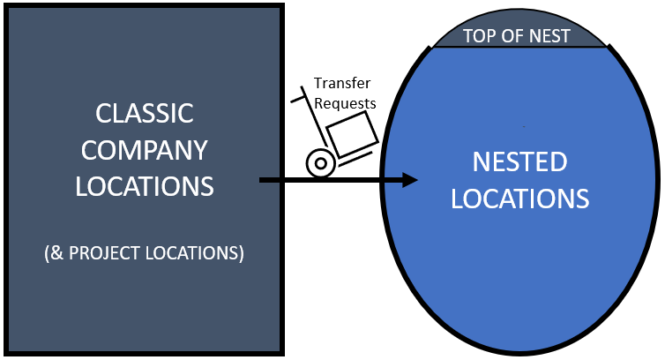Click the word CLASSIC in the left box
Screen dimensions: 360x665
pyautogui.click(x=145, y=114)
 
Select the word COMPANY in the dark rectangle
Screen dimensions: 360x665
pyautogui.click(x=145, y=150)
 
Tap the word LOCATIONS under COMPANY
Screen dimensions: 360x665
pyautogui.click(x=145, y=186)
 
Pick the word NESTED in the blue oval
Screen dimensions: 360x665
pyautogui.click(x=519, y=162)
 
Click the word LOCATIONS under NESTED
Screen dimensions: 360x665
pyautogui.click(x=519, y=199)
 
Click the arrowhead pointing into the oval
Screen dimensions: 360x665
pyautogui.click(x=407, y=180)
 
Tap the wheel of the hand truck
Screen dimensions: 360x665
pyautogui.click(x=318, y=163)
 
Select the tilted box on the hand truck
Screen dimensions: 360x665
pyautogui.click(x=352, y=138)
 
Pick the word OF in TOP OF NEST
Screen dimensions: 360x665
pyautogui.click(x=514, y=36)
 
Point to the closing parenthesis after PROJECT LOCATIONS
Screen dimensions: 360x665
pyautogui.click(x=241, y=252)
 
